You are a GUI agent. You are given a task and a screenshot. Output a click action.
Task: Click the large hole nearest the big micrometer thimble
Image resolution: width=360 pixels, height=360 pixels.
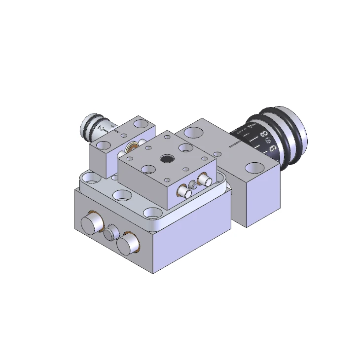(x=255, y=168)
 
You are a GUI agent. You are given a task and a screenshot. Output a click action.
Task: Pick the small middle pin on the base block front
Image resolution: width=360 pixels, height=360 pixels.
(x=110, y=232)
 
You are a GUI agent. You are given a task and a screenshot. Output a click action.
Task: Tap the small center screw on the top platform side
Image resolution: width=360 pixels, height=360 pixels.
(x=192, y=184)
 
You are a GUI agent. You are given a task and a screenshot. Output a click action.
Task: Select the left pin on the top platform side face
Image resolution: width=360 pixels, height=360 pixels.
(x=183, y=191)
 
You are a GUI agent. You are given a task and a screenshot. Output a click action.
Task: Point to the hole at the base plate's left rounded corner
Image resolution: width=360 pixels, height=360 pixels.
(x=91, y=177)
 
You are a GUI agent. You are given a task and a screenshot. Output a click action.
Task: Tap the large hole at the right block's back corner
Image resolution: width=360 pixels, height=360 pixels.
(x=195, y=132)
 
